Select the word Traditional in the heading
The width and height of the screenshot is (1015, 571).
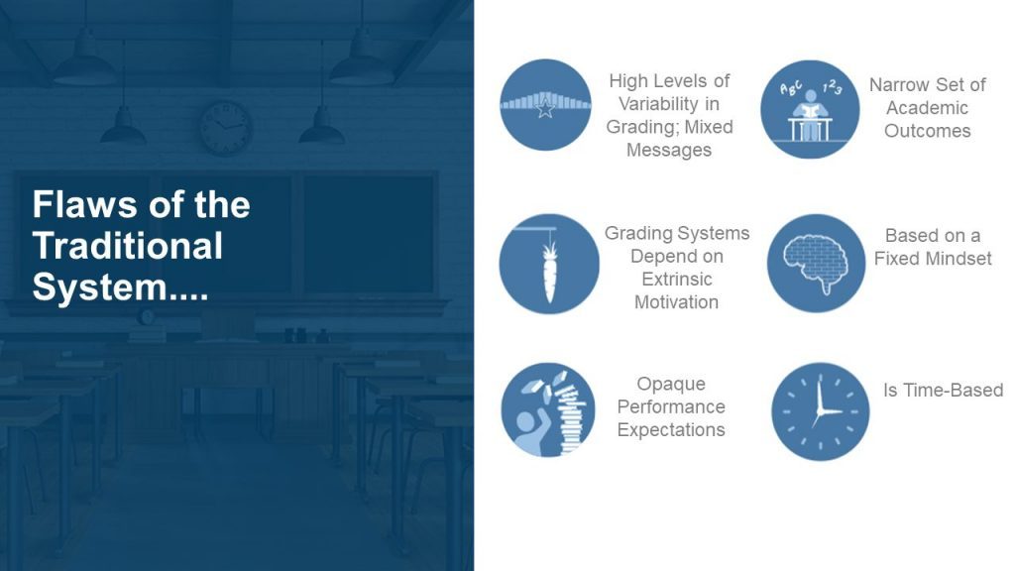coord(128,246)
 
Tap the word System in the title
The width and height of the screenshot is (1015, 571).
coord(100,286)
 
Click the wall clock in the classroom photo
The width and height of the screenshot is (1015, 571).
coord(225,127)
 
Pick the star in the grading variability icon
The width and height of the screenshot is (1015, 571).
coord(546,107)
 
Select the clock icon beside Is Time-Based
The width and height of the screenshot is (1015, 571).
coord(820,411)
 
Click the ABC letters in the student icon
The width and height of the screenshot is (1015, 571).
coord(790,88)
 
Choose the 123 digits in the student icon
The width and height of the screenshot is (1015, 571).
coord(833,87)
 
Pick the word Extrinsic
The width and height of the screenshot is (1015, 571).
coord(676,279)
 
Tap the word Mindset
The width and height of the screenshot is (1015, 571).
coord(959,259)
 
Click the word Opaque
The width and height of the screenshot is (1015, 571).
coord(671,384)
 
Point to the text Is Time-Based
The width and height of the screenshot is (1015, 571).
coord(944,391)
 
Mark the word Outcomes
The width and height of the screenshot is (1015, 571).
coord(927,131)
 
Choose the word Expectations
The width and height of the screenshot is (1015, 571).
coord(671,430)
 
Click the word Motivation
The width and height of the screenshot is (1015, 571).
coord(676,302)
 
